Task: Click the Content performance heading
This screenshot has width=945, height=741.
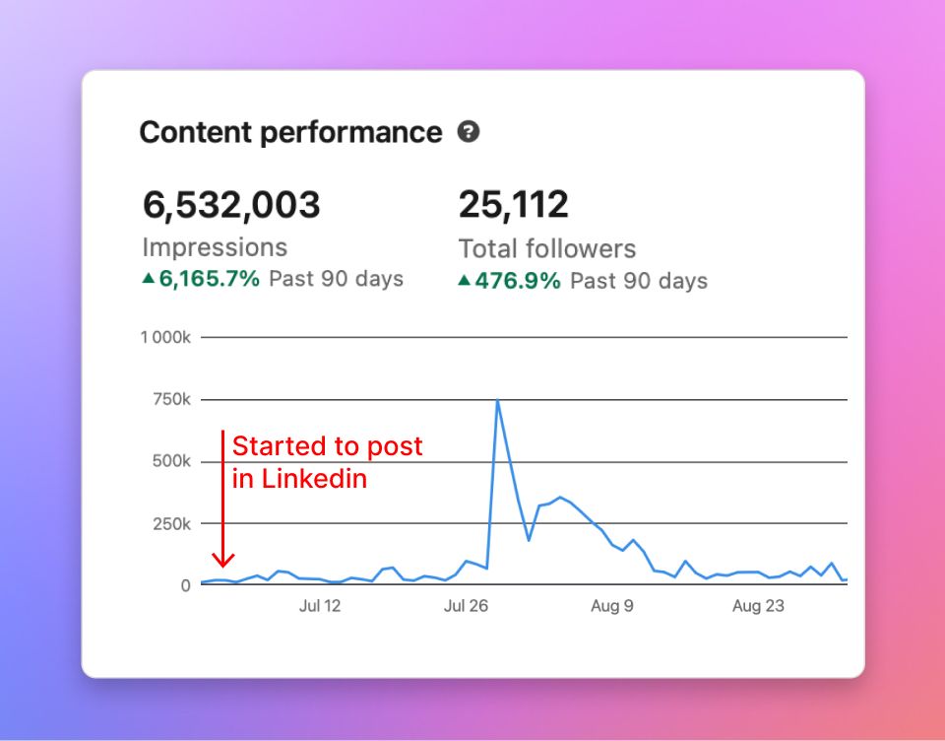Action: [x=290, y=132]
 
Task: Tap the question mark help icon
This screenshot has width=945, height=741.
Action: [x=469, y=131]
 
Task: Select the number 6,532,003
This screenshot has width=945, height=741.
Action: [x=231, y=205]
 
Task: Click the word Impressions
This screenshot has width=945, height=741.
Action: [x=215, y=247]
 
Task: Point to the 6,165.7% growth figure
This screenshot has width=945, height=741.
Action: [x=209, y=279]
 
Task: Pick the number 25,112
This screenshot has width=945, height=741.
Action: [x=513, y=205]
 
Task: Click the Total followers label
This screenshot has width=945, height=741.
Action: [x=547, y=248]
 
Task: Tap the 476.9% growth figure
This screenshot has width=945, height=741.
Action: [x=517, y=281]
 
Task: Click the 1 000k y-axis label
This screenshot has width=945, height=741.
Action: [x=166, y=337]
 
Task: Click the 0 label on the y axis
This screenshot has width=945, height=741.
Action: [x=185, y=585]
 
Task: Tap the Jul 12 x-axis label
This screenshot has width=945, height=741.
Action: [x=320, y=606]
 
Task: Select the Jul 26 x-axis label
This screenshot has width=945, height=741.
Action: [x=467, y=606]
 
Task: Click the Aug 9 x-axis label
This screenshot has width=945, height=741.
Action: [x=612, y=606]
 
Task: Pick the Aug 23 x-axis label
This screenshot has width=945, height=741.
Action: [x=759, y=606]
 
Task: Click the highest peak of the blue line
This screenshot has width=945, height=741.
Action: [x=498, y=400]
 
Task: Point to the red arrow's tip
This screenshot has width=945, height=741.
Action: [x=224, y=566]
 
